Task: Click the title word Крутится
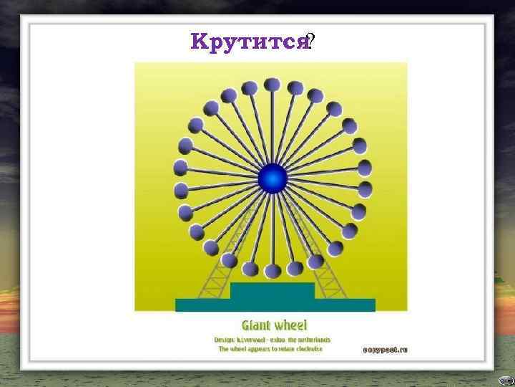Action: click(248, 42)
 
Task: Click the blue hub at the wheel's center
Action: click(272, 178)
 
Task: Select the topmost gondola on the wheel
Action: click(272, 85)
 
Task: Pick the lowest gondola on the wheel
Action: click(273, 271)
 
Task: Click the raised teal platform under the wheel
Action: click(272, 291)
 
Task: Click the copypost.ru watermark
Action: click(384, 350)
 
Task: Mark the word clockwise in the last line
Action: click(308, 349)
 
